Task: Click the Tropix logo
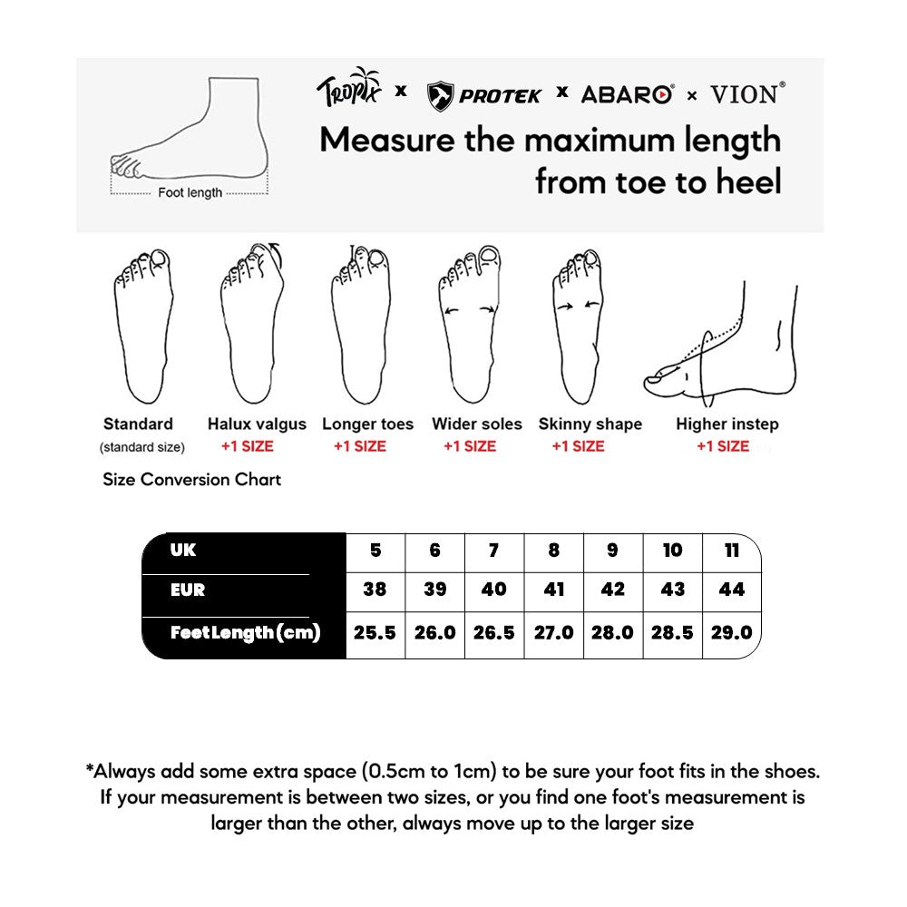click(x=349, y=90)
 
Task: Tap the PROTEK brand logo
click(x=484, y=94)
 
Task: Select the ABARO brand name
click(x=627, y=94)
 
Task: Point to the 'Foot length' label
click(x=190, y=192)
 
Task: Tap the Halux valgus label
click(x=257, y=424)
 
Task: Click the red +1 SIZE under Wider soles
click(x=470, y=446)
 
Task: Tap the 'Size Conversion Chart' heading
click(x=191, y=479)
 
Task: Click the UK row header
click(x=183, y=551)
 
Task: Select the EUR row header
click(x=188, y=590)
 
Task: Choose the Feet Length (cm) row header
click(x=245, y=632)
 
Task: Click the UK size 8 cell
click(x=553, y=551)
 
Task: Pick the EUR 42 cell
click(x=612, y=590)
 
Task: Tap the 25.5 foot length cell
click(x=375, y=632)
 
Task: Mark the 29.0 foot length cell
click(x=731, y=632)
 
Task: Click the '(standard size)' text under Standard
click(x=142, y=446)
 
